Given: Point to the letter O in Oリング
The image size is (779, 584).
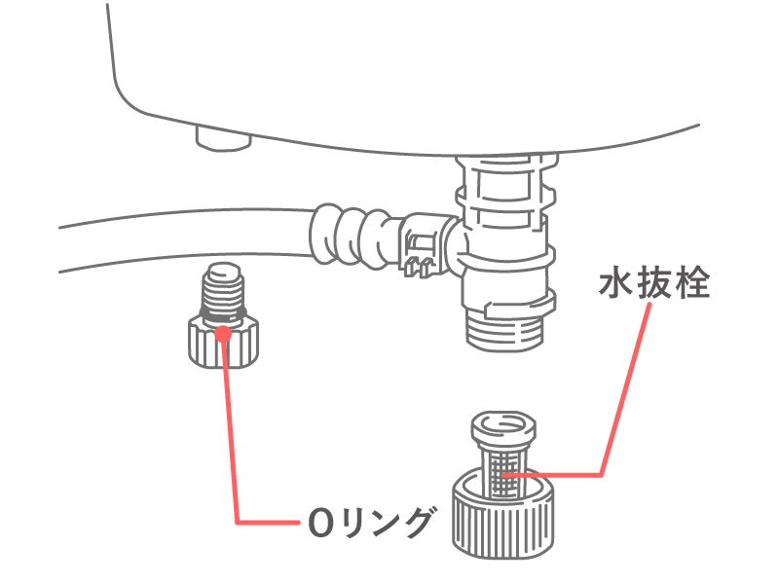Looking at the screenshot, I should coord(317,524).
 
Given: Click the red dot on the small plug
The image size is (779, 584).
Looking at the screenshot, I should coord(223,333).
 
